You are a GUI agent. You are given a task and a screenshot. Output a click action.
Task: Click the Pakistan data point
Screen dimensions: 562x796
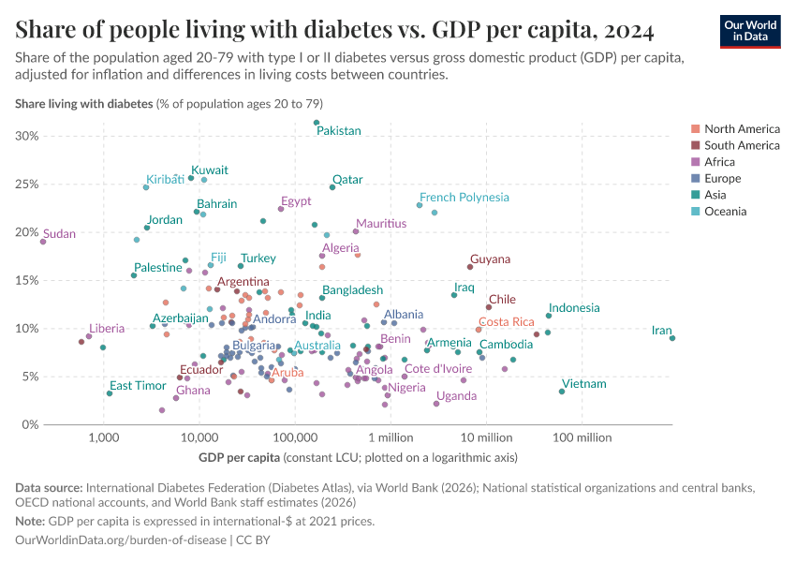click(x=317, y=123)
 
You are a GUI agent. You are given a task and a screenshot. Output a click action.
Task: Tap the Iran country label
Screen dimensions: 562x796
click(x=661, y=331)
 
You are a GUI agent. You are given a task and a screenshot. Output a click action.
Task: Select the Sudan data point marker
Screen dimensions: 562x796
click(x=43, y=242)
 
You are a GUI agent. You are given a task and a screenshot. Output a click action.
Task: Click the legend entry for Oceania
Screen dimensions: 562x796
click(x=725, y=212)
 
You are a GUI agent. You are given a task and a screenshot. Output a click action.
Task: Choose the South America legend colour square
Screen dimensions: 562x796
click(x=696, y=145)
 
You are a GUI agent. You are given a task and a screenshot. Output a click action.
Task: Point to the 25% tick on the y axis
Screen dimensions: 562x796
click(x=27, y=184)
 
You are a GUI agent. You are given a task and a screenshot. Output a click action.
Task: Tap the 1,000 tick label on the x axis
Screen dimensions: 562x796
click(x=103, y=437)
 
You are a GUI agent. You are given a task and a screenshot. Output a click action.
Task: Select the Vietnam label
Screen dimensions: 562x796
click(x=584, y=384)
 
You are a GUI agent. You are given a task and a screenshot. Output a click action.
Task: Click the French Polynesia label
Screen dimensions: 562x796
click(x=464, y=198)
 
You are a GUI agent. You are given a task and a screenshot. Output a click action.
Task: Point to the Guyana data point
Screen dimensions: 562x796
click(x=470, y=267)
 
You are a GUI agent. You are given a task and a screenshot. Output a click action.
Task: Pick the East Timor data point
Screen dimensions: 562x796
click(x=110, y=393)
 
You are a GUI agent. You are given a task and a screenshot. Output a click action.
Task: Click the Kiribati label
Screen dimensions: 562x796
click(x=165, y=180)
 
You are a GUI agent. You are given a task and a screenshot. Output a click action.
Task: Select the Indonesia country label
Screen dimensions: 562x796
click(x=574, y=308)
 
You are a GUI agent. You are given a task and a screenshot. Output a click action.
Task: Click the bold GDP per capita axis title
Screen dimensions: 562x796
click(x=240, y=458)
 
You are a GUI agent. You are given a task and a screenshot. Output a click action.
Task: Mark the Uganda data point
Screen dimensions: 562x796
click(x=436, y=404)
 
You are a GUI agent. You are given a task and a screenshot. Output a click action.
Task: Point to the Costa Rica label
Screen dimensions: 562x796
click(x=507, y=322)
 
